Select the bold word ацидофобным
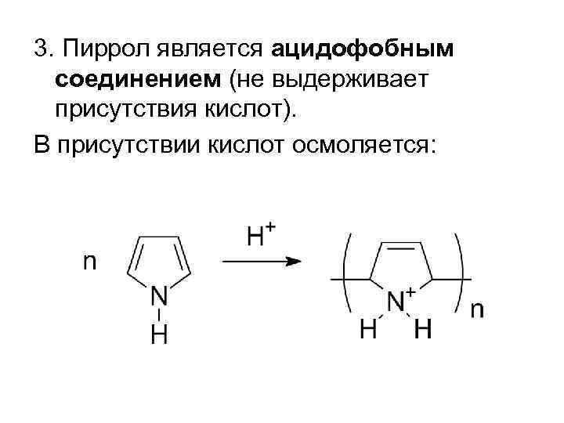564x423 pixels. (x=363, y=50)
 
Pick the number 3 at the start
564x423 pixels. (x=40, y=50)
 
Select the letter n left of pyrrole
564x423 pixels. (x=91, y=260)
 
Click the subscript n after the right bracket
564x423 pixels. (x=477, y=309)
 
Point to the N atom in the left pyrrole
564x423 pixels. (x=159, y=297)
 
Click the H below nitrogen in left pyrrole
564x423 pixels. (x=159, y=334)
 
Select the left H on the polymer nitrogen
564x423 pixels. (x=368, y=330)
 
